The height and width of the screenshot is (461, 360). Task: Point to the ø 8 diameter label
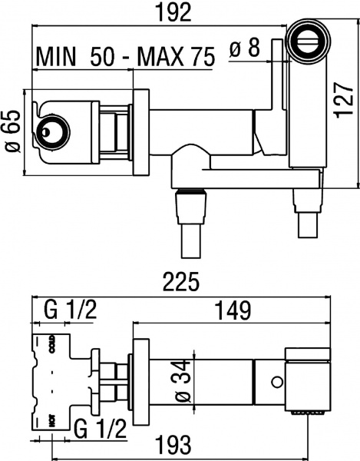246,49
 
